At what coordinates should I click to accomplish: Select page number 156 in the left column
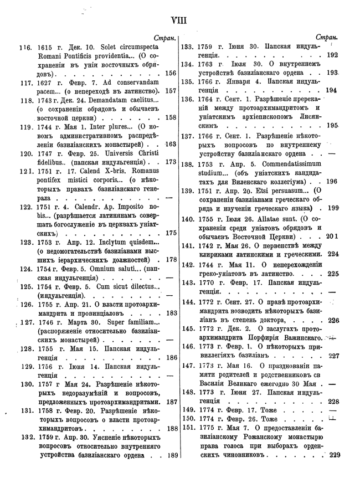(x=171, y=73)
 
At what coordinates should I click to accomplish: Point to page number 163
(x=171, y=144)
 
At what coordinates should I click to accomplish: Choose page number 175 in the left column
(x=171, y=233)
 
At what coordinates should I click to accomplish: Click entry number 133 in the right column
(x=189, y=47)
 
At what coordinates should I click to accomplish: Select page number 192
(x=332, y=55)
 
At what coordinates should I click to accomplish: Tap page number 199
(x=332, y=208)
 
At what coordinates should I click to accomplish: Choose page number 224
(x=333, y=254)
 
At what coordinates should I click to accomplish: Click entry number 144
(x=189, y=302)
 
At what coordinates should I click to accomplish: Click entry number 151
(x=189, y=429)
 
